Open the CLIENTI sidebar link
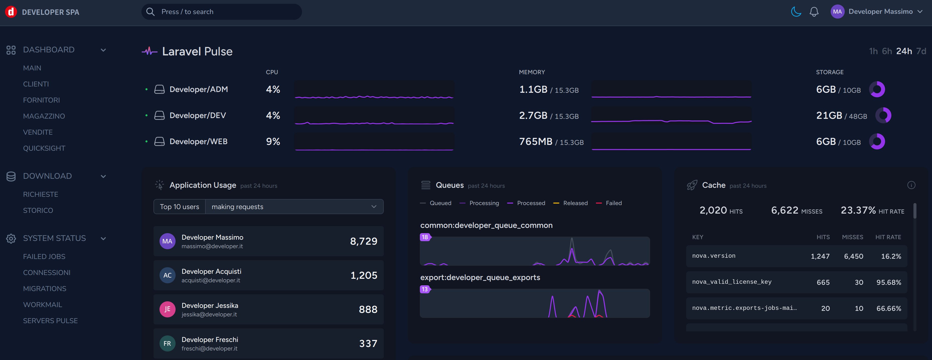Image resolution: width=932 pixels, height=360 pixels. coord(36,84)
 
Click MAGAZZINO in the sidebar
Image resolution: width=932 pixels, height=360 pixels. coord(44,116)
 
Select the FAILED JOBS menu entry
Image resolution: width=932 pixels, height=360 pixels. coord(44,256)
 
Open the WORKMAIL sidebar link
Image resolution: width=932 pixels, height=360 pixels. coord(42,305)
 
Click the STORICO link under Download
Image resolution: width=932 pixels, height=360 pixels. coord(38,211)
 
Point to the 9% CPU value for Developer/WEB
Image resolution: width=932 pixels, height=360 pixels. coord(273,141)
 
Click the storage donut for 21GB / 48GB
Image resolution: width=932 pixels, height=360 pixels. coord(883,115)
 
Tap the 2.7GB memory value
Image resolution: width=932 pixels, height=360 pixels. coord(533,115)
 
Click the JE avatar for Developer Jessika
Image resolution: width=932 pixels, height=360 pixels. coord(167,309)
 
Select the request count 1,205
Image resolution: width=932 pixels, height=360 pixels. coord(364,275)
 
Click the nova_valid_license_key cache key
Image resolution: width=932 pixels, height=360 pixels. coord(732,282)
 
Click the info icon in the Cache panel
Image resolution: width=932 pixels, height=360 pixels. coord(911,185)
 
